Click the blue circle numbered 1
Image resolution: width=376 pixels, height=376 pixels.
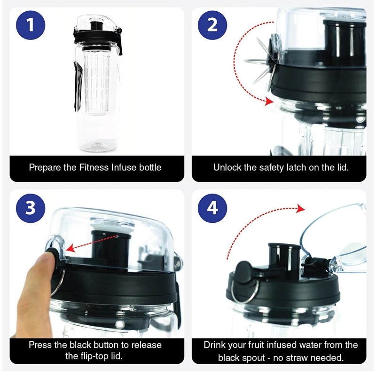(31, 25)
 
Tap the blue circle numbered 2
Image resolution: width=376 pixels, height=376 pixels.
(212, 25)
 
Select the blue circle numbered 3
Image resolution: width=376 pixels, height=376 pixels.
(31, 208)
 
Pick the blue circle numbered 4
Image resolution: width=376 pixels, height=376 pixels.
(212, 208)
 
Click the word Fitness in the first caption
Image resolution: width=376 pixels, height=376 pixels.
(94, 167)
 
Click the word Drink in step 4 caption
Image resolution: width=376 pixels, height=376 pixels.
(214, 345)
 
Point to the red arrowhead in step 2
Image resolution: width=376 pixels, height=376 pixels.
(269, 102)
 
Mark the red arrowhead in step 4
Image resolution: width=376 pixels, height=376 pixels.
(300, 209)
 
